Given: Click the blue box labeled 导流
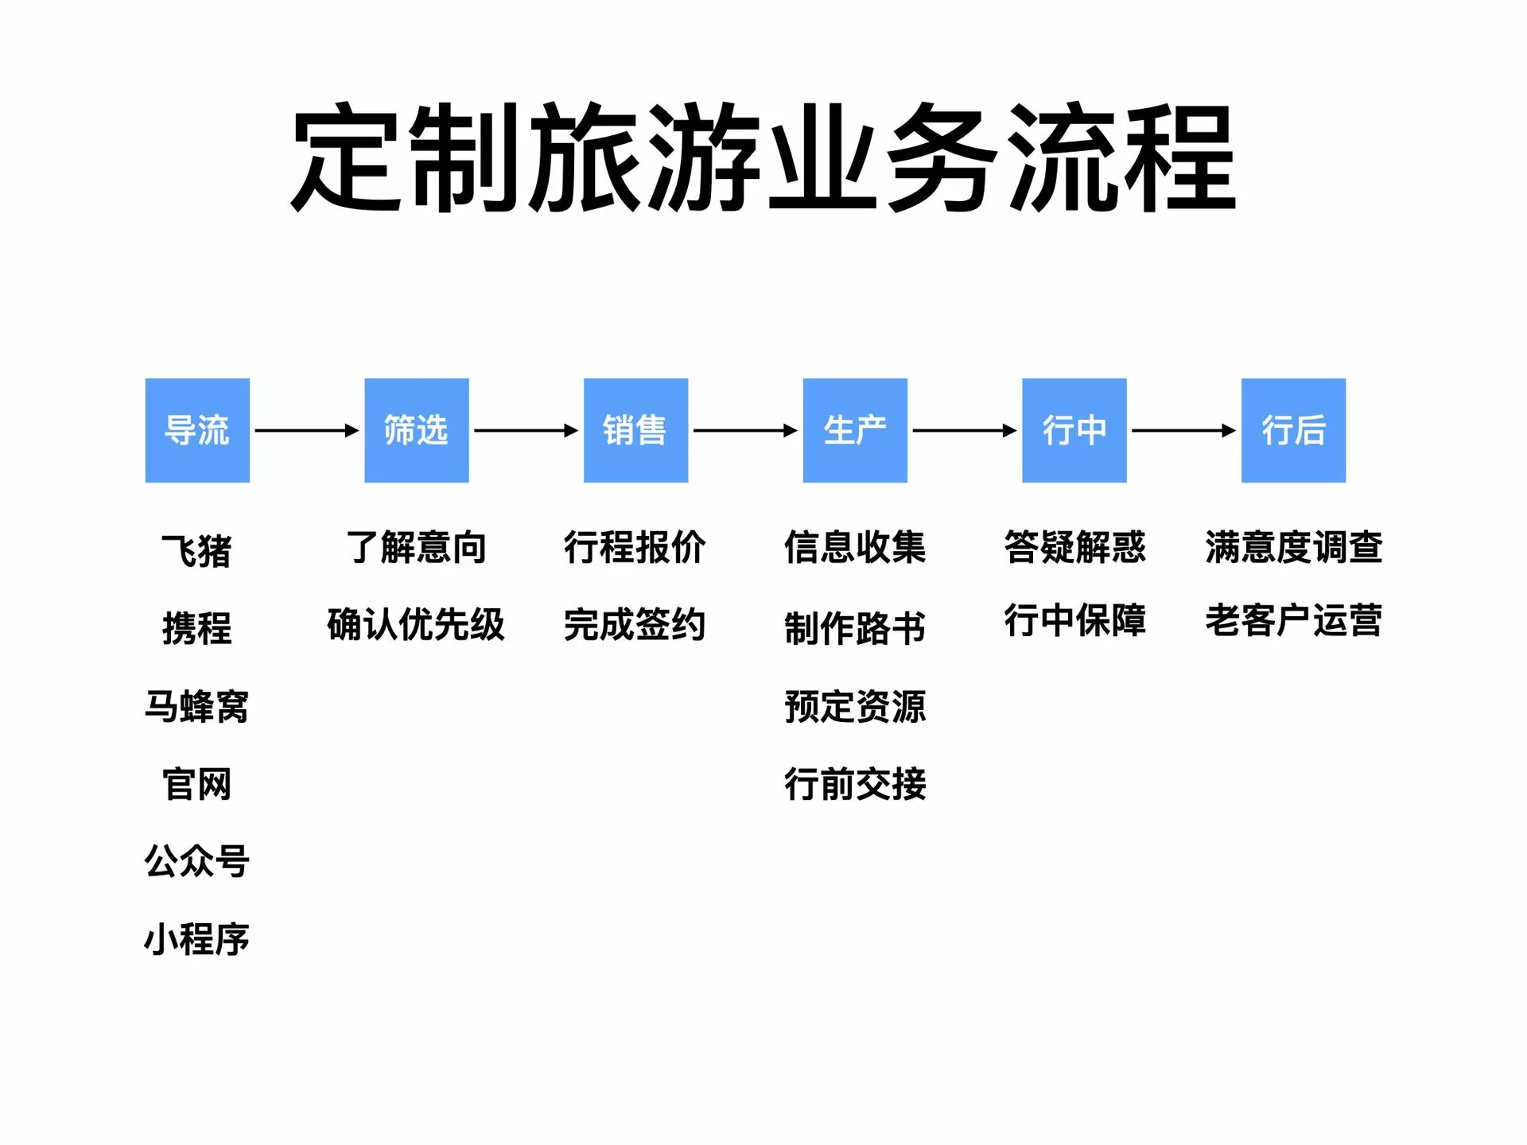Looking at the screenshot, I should click(x=197, y=430).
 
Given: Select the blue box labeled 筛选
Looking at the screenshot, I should click(x=417, y=430).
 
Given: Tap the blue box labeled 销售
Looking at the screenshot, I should click(x=635, y=430).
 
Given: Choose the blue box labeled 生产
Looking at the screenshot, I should click(x=855, y=430).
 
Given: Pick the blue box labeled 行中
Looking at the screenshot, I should click(x=1074, y=430).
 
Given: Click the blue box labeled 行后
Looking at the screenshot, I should click(x=1293, y=430).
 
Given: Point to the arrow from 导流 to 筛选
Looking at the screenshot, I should click(x=307, y=430).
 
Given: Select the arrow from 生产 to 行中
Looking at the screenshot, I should click(x=965, y=430).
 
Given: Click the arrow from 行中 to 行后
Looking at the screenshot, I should click(x=1184, y=430).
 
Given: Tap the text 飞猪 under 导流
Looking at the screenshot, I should click(x=196, y=550).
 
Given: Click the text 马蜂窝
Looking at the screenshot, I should click(x=196, y=706).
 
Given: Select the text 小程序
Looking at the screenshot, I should click(x=196, y=939).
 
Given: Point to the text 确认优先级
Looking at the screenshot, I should click(x=416, y=624).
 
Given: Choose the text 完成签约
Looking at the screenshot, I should click(x=635, y=624).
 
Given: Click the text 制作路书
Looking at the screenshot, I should click(x=855, y=628).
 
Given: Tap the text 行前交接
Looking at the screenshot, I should click(x=855, y=784).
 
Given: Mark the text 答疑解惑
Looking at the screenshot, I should click(x=1074, y=547).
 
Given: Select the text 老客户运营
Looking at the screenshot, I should click(x=1293, y=620).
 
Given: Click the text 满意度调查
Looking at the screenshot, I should click(x=1293, y=547).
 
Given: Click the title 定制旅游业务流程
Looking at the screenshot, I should click(x=763, y=158).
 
